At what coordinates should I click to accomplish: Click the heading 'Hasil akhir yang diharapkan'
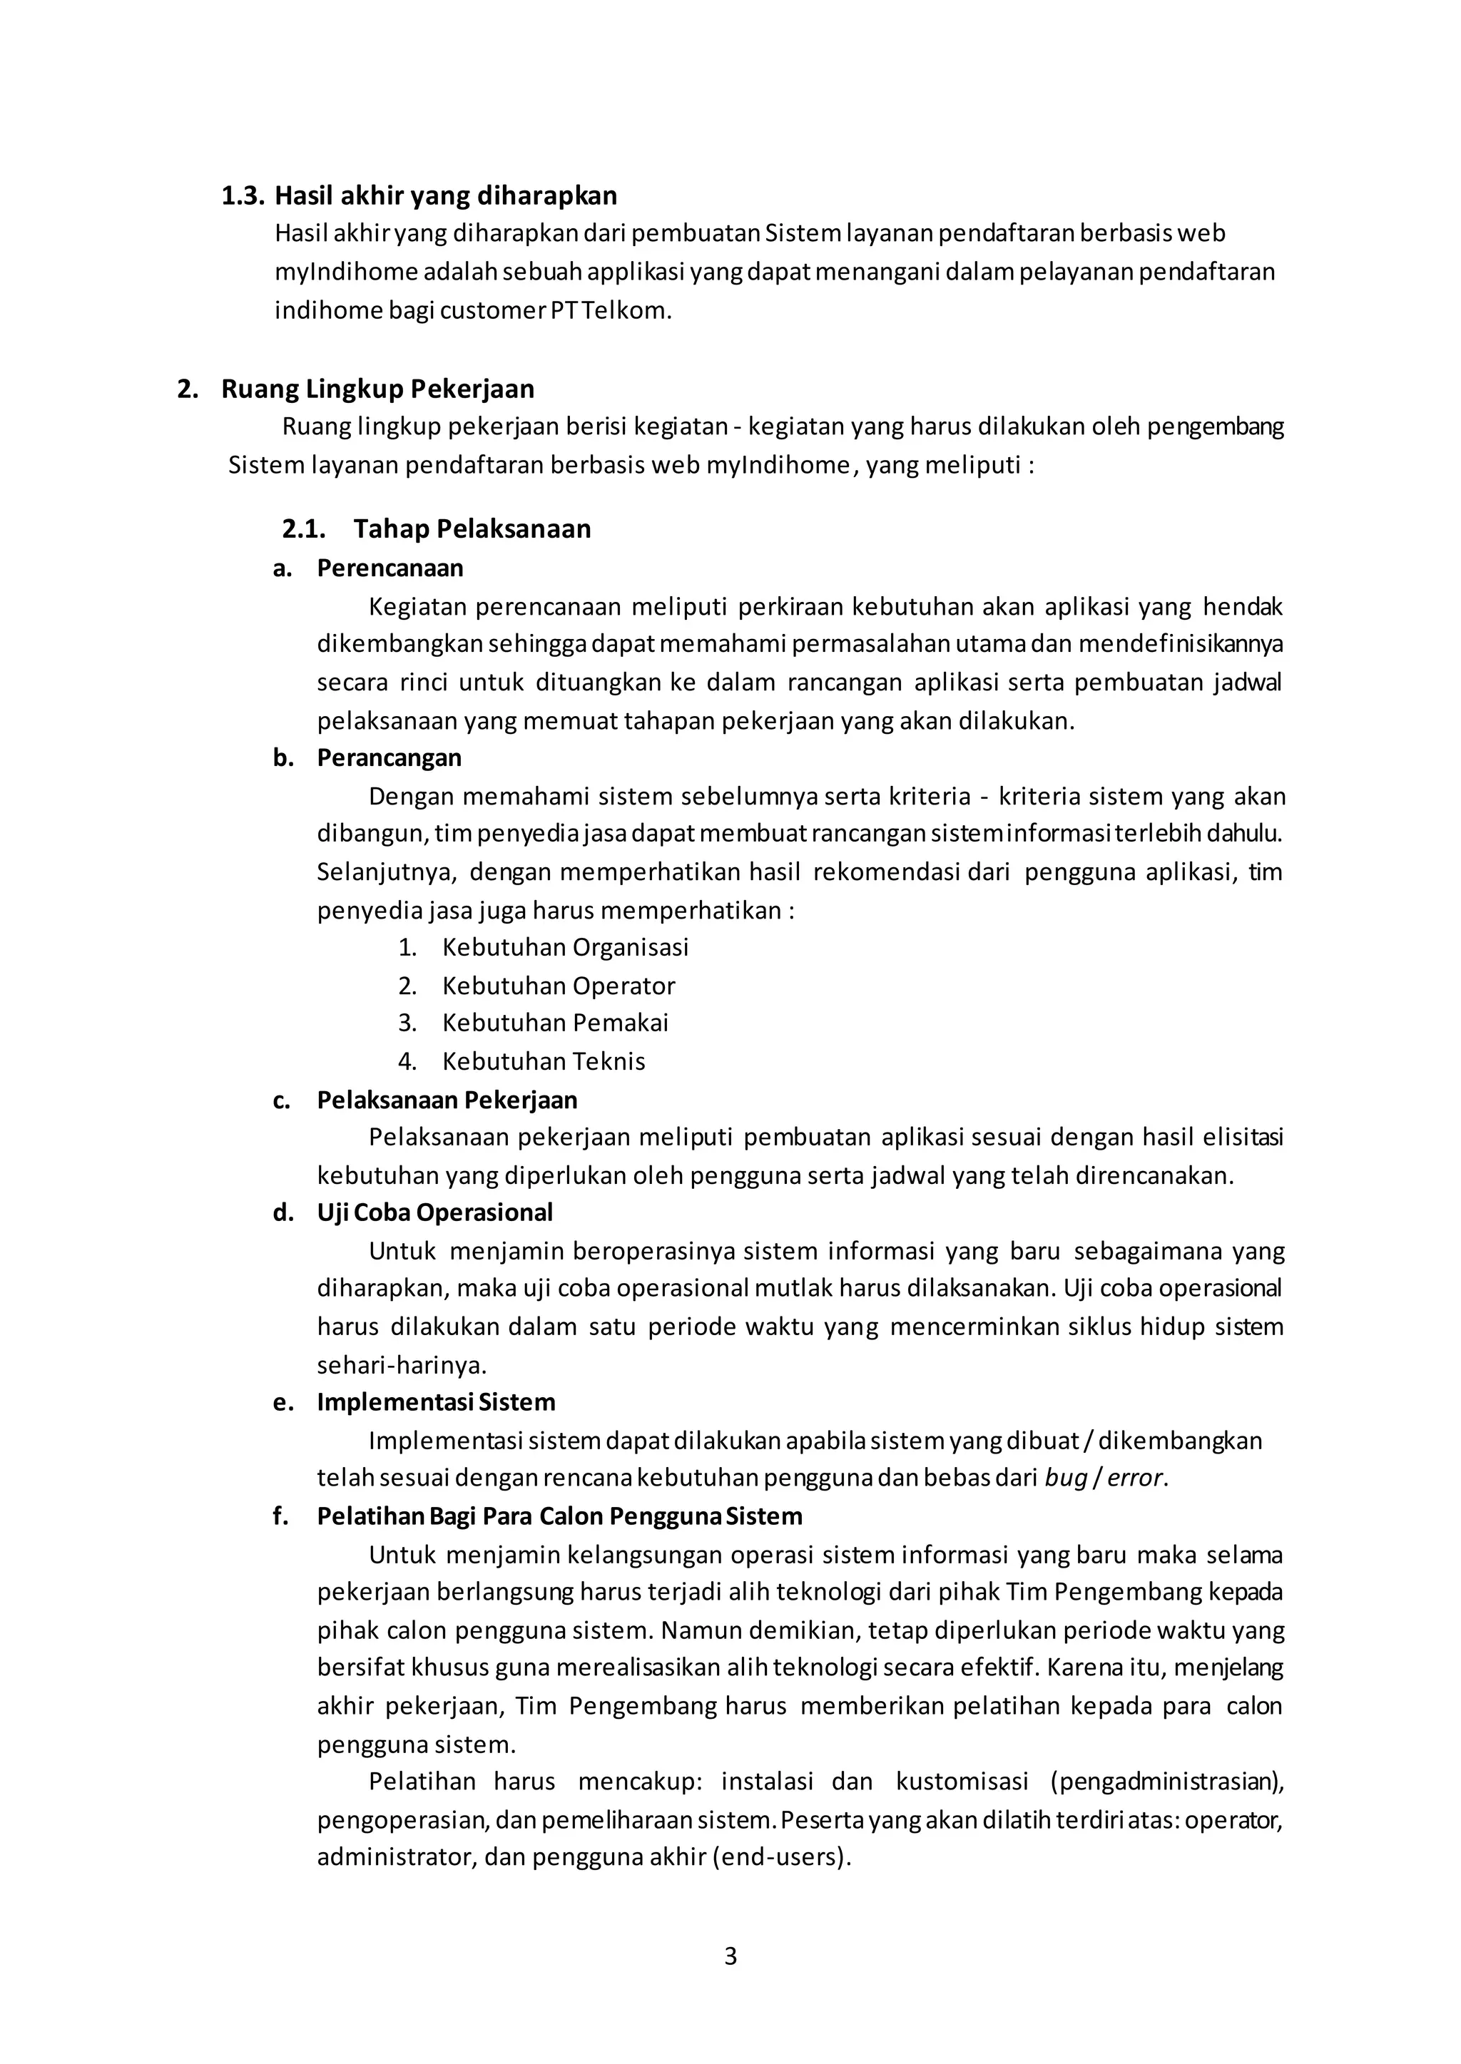pyautogui.click(x=445, y=195)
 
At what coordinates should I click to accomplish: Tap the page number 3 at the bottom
pyautogui.click(x=730, y=1981)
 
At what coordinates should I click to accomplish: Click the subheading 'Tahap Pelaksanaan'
pyautogui.click(x=472, y=528)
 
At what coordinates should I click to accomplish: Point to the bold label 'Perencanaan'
pyautogui.click(x=390, y=568)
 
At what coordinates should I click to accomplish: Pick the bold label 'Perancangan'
pyautogui.click(x=389, y=758)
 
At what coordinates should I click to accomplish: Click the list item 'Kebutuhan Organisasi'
pyautogui.click(x=565, y=947)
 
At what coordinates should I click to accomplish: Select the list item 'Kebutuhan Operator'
pyautogui.click(x=558, y=986)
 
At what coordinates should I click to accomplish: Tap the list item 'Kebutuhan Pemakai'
pyautogui.click(x=555, y=1023)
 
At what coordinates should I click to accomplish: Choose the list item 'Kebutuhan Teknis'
pyautogui.click(x=544, y=1061)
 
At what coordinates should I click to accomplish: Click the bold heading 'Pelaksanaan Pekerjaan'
pyautogui.click(x=447, y=1100)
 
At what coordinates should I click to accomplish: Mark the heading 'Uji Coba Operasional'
pyautogui.click(x=434, y=1213)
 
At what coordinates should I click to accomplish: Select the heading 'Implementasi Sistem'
pyautogui.click(x=435, y=1402)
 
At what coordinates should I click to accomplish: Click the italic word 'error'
pyautogui.click(x=1135, y=1478)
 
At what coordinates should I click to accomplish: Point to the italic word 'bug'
pyautogui.click(x=1066, y=1478)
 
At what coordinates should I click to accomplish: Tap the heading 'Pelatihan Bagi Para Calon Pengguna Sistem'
pyautogui.click(x=559, y=1516)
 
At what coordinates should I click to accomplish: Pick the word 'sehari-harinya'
pyautogui.click(x=401, y=1365)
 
